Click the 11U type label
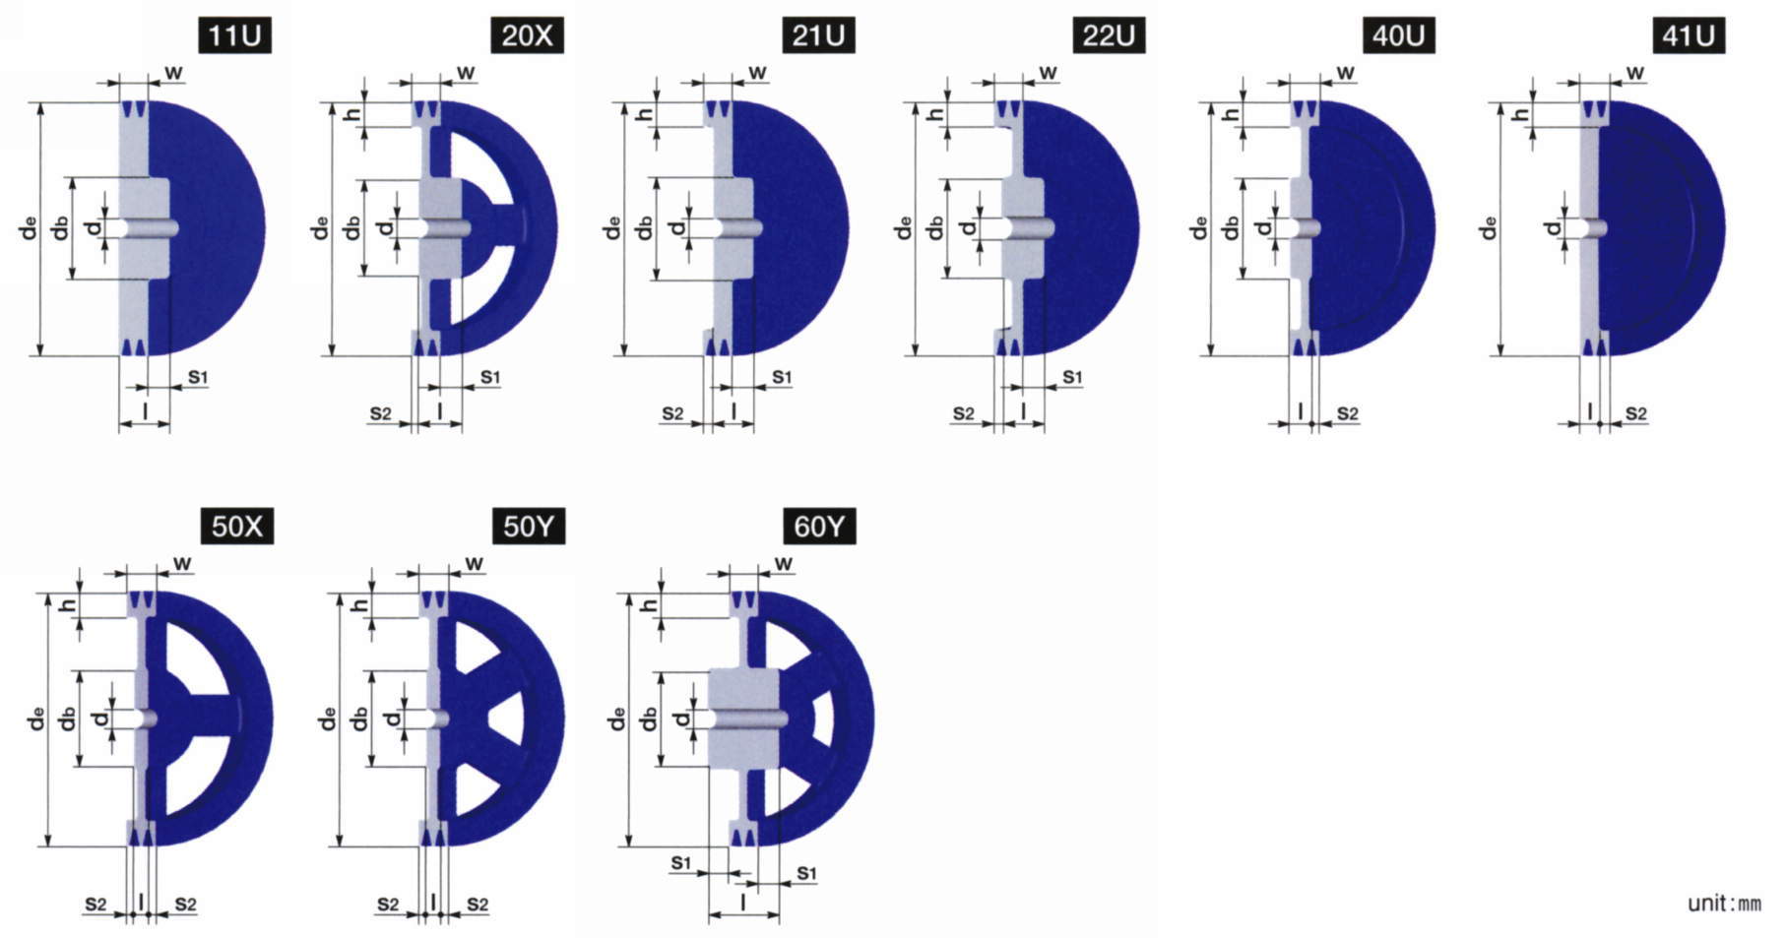click(x=234, y=36)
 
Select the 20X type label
click(x=528, y=36)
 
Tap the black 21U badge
click(x=818, y=36)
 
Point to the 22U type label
click(x=1109, y=36)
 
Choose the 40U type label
click(x=1399, y=36)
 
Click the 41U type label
click(x=1689, y=36)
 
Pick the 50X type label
click(x=237, y=527)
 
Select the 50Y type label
click(x=529, y=527)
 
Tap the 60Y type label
click(x=819, y=527)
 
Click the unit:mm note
click(x=1724, y=904)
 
